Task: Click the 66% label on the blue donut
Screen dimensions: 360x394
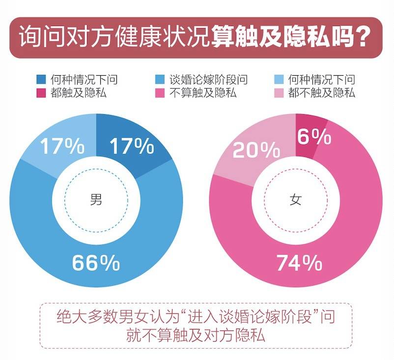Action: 96,264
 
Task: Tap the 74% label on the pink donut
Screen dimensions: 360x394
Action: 299,264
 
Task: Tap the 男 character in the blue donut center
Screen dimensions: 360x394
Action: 96,200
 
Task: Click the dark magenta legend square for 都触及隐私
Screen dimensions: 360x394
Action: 42,92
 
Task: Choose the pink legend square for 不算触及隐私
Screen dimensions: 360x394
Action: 160,92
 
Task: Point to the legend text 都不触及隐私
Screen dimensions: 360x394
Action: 322,92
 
